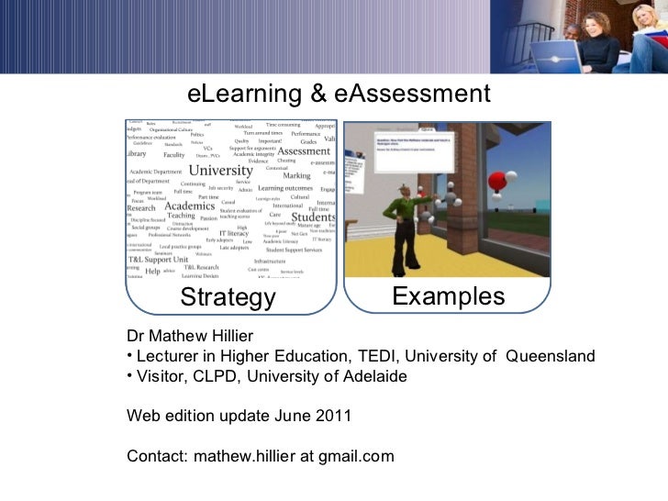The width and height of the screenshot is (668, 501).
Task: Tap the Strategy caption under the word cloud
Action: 228,298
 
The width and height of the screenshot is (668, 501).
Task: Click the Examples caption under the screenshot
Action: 448,296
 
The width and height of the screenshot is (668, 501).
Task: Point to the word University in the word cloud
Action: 220,171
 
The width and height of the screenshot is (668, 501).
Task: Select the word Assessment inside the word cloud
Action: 305,151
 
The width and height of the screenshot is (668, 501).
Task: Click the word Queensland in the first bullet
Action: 551,356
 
